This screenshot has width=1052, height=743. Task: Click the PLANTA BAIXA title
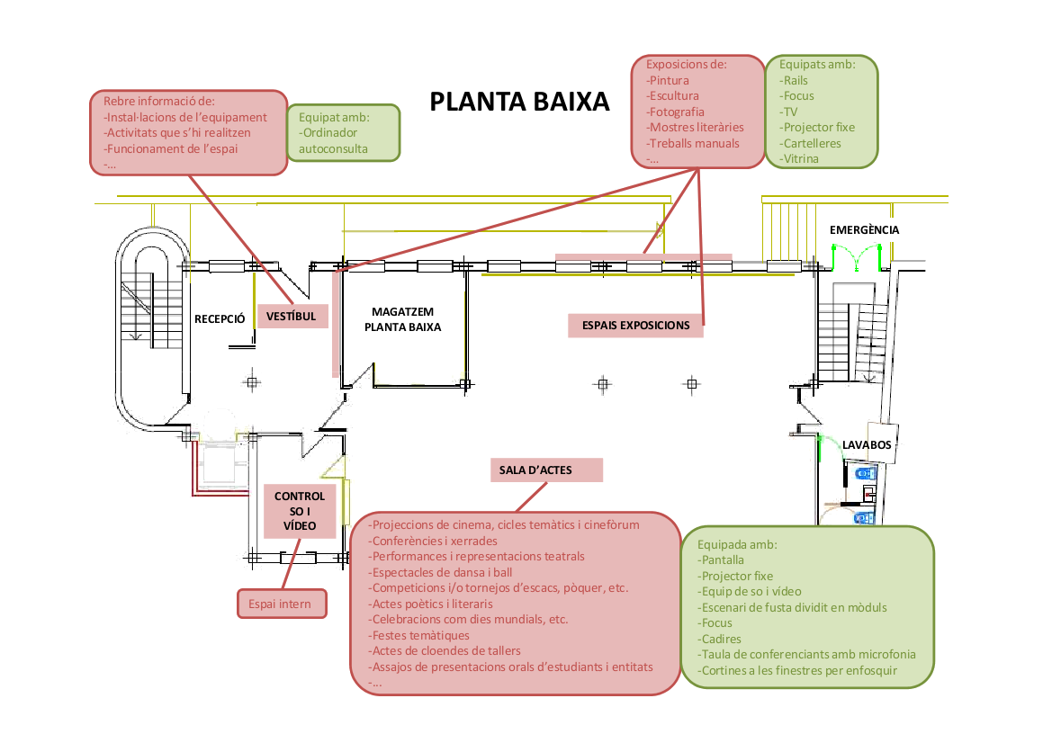coord(519,102)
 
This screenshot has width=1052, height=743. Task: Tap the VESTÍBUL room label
coord(292,317)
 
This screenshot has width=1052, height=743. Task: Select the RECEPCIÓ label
coord(220,318)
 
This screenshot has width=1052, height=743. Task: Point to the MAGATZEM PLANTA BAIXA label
coord(402,319)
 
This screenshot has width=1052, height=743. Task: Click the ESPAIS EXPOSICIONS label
coord(635,326)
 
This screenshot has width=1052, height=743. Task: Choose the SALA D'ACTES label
coord(535,470)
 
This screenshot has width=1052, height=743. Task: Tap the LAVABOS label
coord(867,445)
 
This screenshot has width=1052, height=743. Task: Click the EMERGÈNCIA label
coord(864,230)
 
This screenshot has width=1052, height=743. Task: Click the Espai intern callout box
coord(282,604)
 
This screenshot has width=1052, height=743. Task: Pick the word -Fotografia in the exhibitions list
coord(675,112)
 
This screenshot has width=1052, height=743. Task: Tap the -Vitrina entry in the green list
coord(799,159)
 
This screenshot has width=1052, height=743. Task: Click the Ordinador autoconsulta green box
coord(343,133)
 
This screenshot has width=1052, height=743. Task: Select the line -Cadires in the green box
coord(720,639)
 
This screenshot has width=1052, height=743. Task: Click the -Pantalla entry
coord(722,560)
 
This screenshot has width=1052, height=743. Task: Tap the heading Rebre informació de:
coord(160,101)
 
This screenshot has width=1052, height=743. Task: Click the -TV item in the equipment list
coord(790,112)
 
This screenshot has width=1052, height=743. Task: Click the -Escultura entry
coord(672,95)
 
